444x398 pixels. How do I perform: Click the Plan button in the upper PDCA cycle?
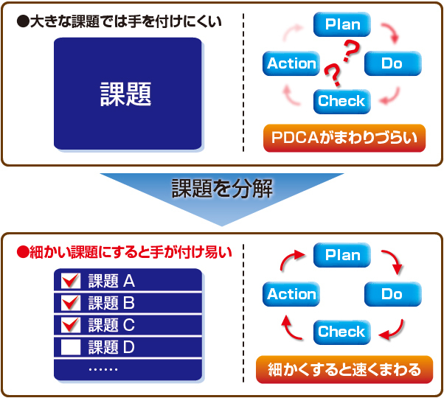click(x=342, y=24)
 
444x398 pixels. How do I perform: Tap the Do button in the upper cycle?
click(x=393, y=63)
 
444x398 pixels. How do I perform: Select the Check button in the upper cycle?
click(x=342, y=101)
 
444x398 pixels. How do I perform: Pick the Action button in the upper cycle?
click(x=291, y=63)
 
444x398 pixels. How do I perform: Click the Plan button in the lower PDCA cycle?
click(x=342, y=255)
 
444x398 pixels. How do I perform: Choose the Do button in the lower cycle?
click(x=393, y=294)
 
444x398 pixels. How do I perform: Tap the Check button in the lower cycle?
click(x=342, y=332)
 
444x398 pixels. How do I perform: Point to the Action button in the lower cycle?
click(x=291, y=294)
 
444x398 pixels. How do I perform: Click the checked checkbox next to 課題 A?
click(x=71, y=281)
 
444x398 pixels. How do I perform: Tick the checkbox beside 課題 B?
click(x=71, y=302)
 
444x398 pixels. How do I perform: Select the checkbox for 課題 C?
click(x=71, y=324)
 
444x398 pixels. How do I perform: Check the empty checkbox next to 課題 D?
click(x=71, y=347)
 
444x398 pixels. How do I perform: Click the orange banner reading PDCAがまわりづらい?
click(x=344, y=138)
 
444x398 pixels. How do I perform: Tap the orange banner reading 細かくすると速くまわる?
click(x=344, y=370)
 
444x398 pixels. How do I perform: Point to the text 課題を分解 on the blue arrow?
click(x=222, y=189)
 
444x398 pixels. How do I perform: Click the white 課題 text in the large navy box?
click(x=125, y=94)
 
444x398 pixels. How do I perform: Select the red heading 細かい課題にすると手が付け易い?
click(x=125, y=252)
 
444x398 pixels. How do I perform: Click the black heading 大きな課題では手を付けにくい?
click(x=119, y=21)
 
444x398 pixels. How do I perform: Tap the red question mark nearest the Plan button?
click(x=351, y=51)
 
